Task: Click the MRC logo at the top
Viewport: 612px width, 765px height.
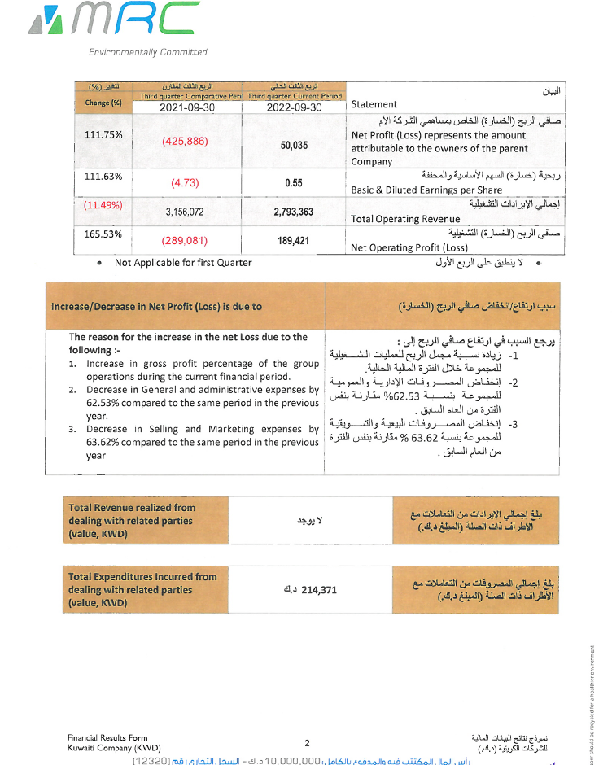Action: [118, 20]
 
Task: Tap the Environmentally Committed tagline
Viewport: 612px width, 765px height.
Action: [148, 52]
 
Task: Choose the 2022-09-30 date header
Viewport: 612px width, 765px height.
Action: [294, 107]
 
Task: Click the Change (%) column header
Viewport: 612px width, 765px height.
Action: [103, 103]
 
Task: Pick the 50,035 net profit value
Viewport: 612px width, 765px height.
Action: [294, 145]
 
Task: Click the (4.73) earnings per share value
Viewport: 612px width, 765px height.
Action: [185, 183]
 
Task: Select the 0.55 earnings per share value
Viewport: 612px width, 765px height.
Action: [294, 183]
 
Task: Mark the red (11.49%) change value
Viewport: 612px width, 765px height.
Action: [103, 204]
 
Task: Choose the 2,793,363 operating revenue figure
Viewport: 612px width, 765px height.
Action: [294, 212]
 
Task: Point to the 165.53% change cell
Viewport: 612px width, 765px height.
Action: [103, 234]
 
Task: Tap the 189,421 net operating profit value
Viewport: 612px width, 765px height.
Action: [294, 241]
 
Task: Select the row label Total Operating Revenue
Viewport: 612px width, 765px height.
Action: [396, 219]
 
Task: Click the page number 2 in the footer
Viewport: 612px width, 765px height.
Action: [307, 742]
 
